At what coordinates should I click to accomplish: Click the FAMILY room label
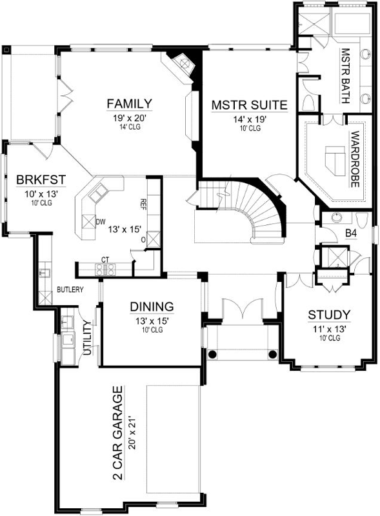(130, 104)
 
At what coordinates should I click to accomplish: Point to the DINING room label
(152, 306)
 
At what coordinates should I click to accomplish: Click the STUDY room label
(329, 315)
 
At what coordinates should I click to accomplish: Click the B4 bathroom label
(352, 233)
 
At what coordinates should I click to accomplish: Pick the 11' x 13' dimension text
(328, 328)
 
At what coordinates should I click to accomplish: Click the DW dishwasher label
(100, 222)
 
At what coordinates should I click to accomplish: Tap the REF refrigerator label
(143, 204)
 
